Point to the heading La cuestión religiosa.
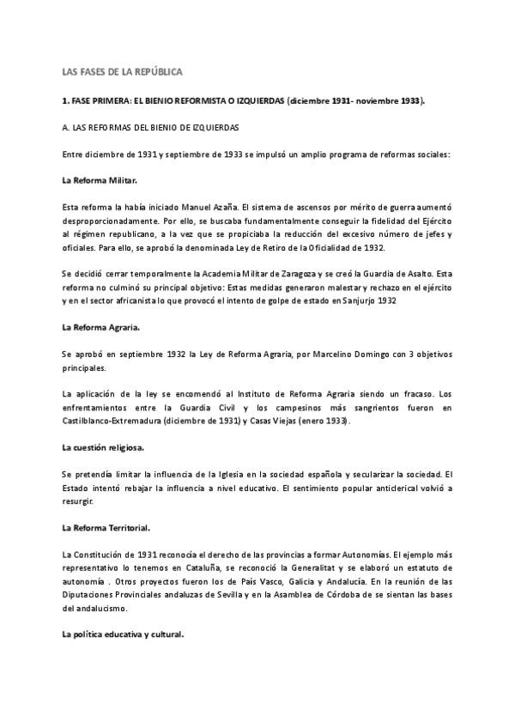coord(104,448)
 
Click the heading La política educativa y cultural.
coord(124,635)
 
